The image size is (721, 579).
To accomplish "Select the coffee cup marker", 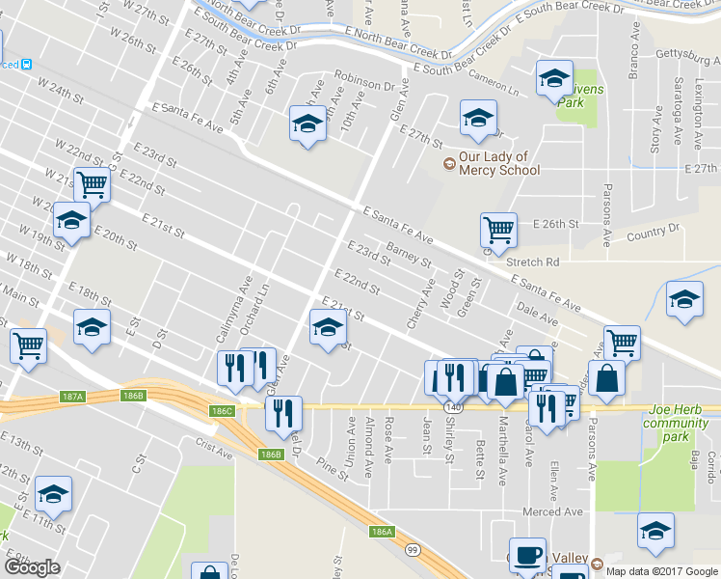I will coord(527,555).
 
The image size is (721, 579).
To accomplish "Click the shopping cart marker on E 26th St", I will coord(498,230).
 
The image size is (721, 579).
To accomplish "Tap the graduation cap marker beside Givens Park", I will coord(554,78).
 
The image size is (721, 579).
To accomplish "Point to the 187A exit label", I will coord(72,396).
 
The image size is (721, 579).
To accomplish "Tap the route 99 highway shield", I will coord(414,549).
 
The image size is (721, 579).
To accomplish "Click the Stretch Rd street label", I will coord(538,262).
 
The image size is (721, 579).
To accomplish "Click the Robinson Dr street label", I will coord(364,79).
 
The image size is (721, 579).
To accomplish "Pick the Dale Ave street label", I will coord(537,313).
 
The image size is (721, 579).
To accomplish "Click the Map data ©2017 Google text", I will coord(660,570).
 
